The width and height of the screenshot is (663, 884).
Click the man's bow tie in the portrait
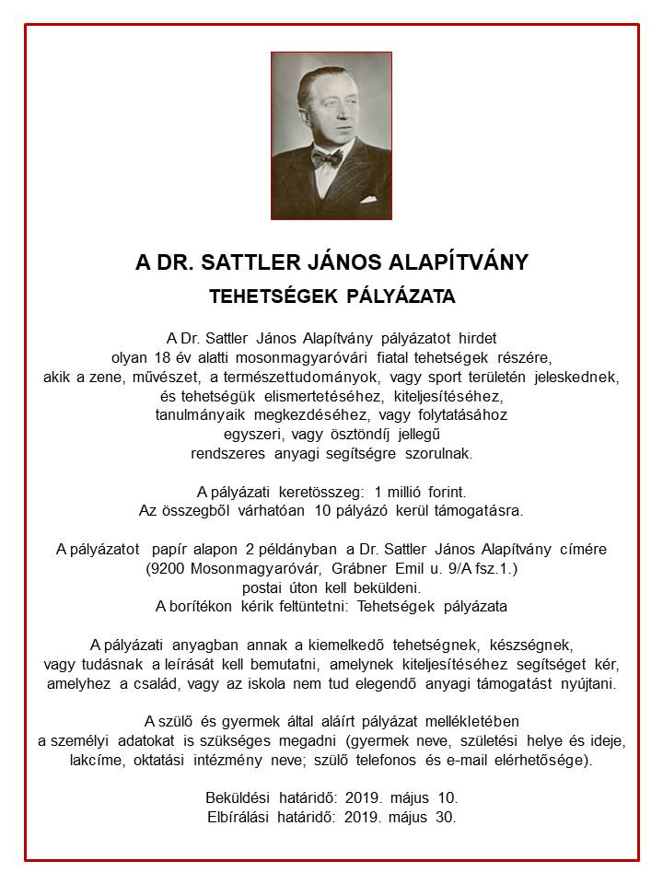[x=327, y=157]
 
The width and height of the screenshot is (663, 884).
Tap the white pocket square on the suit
[x=369, y=197]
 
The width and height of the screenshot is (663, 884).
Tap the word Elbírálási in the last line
[x=241, y=816]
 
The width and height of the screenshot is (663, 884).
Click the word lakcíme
[x=99, y=761]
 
